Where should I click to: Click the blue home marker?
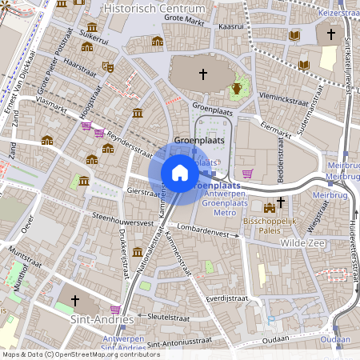(x=180, y=172)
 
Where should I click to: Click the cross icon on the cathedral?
(x=202, y=74)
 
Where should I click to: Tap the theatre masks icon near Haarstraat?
(x=107, y=66)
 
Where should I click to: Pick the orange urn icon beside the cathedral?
(x=237, y=88)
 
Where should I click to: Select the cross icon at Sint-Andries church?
(x=76, y=301)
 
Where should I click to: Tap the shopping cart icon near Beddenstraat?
(x=248, y=173)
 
